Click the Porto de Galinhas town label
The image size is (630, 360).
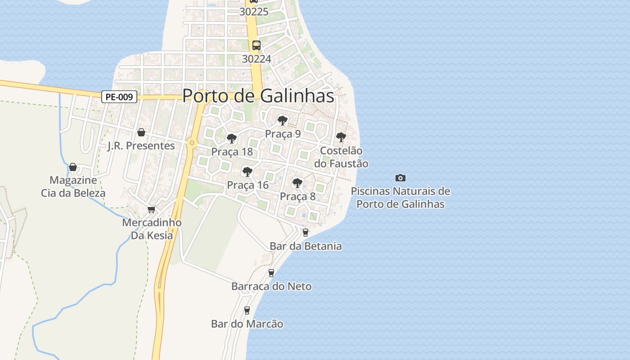coord(258,95)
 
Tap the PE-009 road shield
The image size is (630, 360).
coord(119,96)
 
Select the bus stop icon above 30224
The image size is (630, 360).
coord(256,45)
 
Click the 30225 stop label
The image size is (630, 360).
coord(254,12)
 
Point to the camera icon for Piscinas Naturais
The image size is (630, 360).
coord(400,178)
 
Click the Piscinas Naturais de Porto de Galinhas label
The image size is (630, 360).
coord(400,198)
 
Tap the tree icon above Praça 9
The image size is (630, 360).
coord(283,121)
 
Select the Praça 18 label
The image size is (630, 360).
coord(232,152)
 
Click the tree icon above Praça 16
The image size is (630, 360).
coord(247,171)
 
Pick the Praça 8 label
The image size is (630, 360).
coord(298,196)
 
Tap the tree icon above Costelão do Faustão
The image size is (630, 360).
coord(341,137)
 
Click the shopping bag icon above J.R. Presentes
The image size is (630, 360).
coord(141,132)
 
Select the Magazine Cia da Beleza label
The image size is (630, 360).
coord(73,187)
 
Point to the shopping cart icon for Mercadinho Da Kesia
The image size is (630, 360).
coord(152,210)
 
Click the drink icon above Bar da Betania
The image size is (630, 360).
coord(306,233)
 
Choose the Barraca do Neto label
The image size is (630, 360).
coord(271,286)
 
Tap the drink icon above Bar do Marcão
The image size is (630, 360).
coord(247,310)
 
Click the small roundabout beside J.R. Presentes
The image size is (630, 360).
coord(192,143)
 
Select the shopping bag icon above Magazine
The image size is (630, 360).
coord(73,167)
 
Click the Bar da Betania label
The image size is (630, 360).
coord(306,246)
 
